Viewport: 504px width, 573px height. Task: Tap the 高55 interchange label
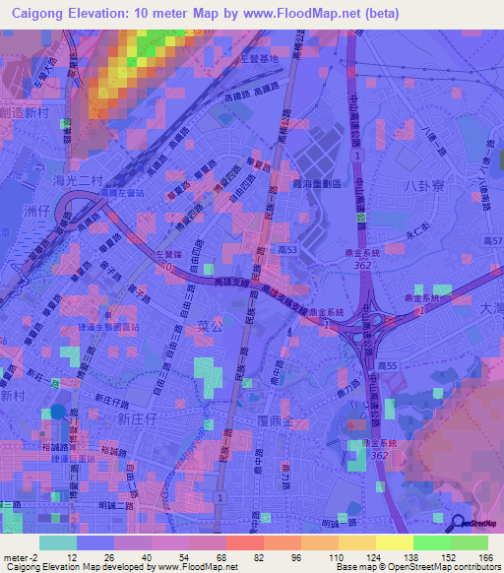pos(391,366)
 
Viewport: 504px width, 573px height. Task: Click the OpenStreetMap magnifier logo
pos(460,524)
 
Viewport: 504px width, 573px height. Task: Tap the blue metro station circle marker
pos(58,414)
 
